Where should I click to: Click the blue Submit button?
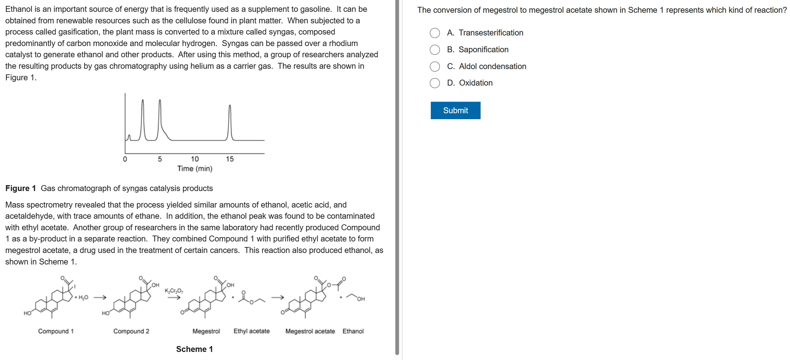click(455, 110)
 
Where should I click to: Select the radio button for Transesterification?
click(435, 33)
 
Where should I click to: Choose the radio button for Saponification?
click(435, 50)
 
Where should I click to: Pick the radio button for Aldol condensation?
click(435, 67)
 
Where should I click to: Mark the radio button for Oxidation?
click(435, 83)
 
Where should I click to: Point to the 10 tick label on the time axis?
click(195, 159)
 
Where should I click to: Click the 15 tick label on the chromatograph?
click(230, 159)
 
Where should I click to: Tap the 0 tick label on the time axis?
click(125, 159)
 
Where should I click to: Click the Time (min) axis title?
click(195, 169)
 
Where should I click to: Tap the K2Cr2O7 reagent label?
click(174, 291)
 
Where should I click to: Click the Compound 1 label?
click(56, 331)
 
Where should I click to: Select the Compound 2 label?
click(131, 331)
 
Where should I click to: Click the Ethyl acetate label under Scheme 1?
click(252, 331)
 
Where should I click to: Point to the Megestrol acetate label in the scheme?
click(310, 331)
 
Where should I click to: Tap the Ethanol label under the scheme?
click(353, 331)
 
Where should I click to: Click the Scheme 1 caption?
click(194, 349)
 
